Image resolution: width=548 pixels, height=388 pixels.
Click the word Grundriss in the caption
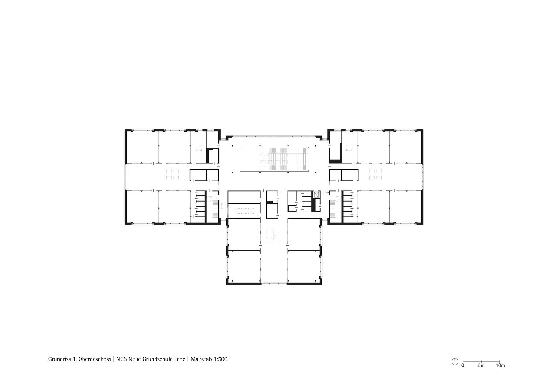coord(59,359)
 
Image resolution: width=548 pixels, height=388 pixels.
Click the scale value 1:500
coord(220,359)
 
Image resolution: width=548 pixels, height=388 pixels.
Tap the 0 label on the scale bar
coord(463,366)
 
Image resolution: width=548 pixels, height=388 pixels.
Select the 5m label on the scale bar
coord(481,366)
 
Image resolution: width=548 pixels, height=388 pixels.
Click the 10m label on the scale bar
coord(500,366)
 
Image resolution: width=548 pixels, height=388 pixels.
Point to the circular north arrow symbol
coord(455,362)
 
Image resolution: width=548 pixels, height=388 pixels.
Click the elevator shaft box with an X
coord(317,195)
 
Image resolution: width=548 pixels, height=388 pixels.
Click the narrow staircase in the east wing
coord(333,209)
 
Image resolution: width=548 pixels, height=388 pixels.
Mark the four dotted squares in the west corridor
coord(172,175)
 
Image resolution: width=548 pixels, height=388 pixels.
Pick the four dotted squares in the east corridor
coord(376,175)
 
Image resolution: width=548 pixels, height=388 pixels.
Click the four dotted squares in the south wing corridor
coord(272,236)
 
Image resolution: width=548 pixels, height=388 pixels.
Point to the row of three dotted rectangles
coord(244,211)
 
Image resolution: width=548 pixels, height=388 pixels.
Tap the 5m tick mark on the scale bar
coord(481,361)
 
